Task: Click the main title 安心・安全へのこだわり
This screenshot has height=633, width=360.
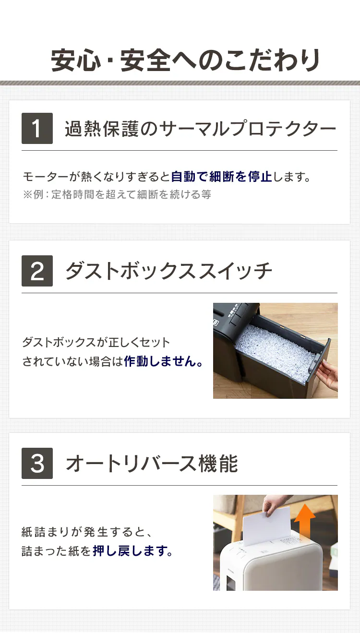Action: click(x=185, y=60)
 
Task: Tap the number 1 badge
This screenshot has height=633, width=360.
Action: click(x=37, y=128)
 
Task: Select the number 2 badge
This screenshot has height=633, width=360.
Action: click(x=37, y=271)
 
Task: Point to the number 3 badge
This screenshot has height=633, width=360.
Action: click(x=37, y=463)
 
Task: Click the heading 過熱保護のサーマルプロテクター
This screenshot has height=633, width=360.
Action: click(x=200, y=129)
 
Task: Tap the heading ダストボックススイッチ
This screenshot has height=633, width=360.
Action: click(x=168, y=271)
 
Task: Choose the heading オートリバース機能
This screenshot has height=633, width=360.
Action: click(x=152, y=464)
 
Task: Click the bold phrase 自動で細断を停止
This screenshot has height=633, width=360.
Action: click(x=222, y=177)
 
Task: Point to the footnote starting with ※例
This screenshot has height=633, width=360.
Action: click(x=117, y=194)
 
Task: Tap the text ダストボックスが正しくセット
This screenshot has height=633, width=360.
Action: click(x=96, y=343)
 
